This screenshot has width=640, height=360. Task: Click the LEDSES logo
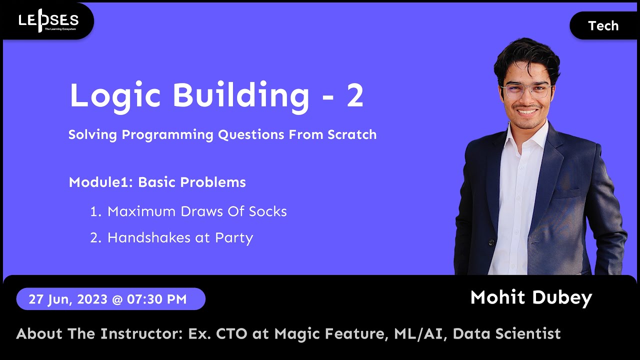48,21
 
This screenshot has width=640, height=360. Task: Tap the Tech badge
603,26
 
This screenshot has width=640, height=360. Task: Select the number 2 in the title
354,95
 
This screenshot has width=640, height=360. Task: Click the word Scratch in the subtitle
352,134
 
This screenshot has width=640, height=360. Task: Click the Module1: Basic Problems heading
157,182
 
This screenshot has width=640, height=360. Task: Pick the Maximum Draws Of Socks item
197,211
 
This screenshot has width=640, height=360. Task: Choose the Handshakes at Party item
180,237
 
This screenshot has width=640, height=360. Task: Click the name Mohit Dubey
531,297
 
